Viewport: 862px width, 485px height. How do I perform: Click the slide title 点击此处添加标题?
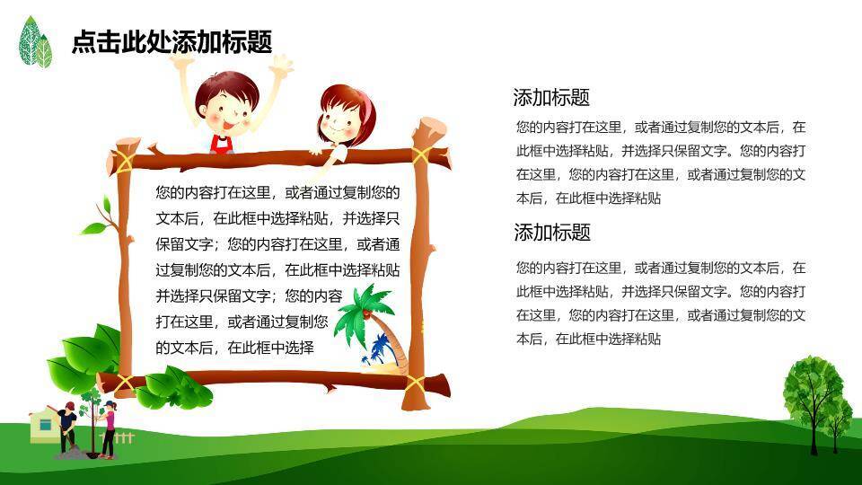172,42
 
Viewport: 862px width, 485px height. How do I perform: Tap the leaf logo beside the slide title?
35,42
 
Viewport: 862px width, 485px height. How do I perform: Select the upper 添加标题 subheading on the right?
551,97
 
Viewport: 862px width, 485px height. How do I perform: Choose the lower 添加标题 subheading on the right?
552,232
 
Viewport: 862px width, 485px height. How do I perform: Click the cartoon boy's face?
227,108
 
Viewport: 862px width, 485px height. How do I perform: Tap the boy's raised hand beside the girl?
280,65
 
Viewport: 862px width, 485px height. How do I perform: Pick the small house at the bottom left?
44,424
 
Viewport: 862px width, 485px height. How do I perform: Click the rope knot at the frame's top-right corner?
421,155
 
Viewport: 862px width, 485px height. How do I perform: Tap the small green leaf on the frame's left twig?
94,228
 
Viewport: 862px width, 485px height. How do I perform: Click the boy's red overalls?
221,144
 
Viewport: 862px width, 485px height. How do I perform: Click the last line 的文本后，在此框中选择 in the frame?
234,348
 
